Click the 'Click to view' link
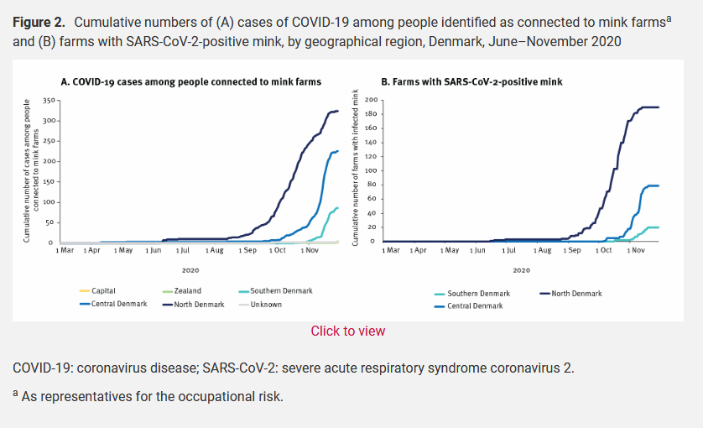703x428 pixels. [348, 331]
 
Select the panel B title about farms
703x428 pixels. [471, 82]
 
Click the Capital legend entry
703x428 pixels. [103, 291]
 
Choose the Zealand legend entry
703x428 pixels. [187, 291]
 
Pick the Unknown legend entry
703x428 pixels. [266, 305]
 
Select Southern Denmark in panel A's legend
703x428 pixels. [281, 291]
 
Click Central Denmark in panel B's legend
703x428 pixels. [475, 306]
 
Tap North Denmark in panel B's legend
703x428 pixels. [576, 294]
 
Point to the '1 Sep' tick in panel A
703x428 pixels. [247, 250]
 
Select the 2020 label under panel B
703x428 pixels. [521, 270]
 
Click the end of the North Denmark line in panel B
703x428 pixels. [659, 107]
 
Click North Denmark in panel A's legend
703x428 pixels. [199, 305]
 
